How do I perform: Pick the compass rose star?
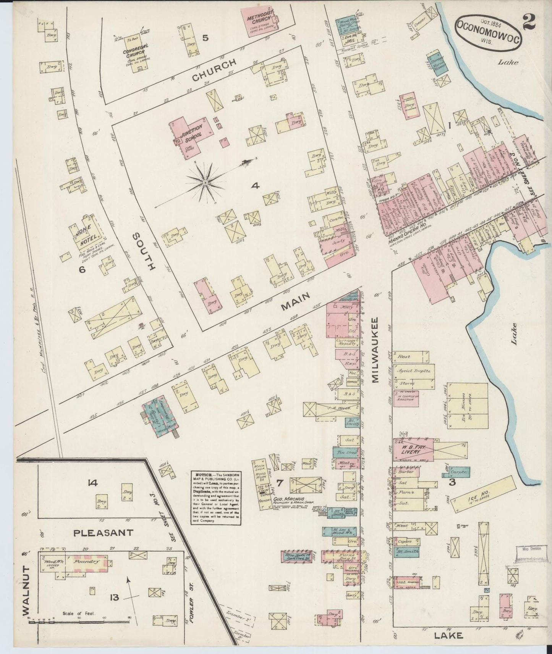click(206, 183)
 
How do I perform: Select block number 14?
click(92, 483)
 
